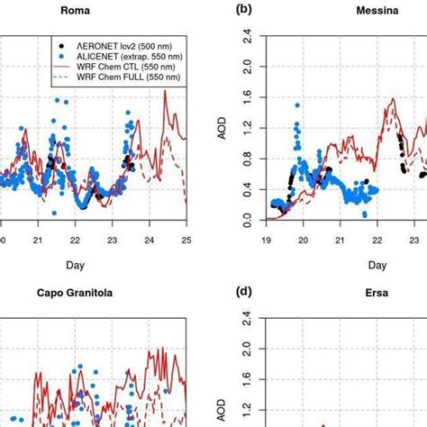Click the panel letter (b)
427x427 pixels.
pyautogui.click(x=242, y=11)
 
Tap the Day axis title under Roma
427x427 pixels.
pyautogui.click(x=93, y=265)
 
